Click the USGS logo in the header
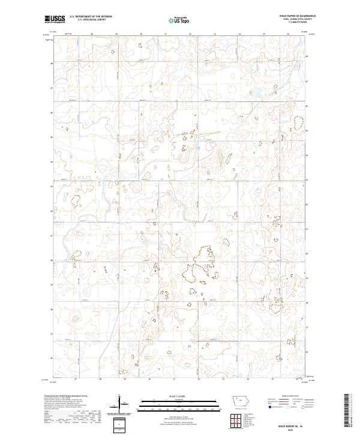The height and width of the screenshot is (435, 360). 55,19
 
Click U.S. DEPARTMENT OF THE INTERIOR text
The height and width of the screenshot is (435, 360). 91,17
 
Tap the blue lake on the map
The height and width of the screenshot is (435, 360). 255,94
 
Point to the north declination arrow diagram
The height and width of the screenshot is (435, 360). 119,404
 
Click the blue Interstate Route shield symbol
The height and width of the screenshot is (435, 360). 268,406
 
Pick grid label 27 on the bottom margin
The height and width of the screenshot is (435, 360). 76,379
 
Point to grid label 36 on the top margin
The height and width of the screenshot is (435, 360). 289,34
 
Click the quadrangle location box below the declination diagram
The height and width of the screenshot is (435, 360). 119,424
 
